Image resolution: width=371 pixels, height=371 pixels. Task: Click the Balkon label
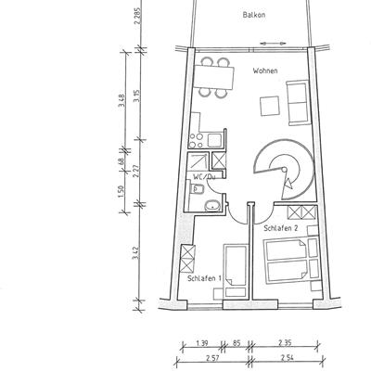coord(254,15)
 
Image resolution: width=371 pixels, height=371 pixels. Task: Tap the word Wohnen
coord(265,70)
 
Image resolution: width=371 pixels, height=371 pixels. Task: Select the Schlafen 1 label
coord(204,278)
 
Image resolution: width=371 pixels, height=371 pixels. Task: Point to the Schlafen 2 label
coord(281,228)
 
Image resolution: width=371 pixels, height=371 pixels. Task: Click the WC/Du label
coord(204,176)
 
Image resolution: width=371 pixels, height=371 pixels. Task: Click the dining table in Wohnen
coord(214,77)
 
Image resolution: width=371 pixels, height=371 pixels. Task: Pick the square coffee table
coord(270,106)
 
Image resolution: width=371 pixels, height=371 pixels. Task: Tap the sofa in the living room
coord(299,103)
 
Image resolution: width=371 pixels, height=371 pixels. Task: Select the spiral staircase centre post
coord(284,170)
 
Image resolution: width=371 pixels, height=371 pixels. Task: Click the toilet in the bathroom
coord(197,188)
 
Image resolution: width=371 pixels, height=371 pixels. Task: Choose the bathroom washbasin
coord(212,205)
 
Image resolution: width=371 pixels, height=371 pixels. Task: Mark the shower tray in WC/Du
coord(198,161)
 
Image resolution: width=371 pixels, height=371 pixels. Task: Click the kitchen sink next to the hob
coord(215,140)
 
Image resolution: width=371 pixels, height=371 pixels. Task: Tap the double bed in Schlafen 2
coord(288,260)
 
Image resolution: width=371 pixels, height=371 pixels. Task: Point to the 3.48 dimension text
coord(122,101)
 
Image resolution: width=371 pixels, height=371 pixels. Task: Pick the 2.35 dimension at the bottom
coord(285,343)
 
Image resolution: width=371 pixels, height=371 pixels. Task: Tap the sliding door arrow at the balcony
coord(274,44)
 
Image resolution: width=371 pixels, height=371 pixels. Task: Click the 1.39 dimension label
coord(202,343)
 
